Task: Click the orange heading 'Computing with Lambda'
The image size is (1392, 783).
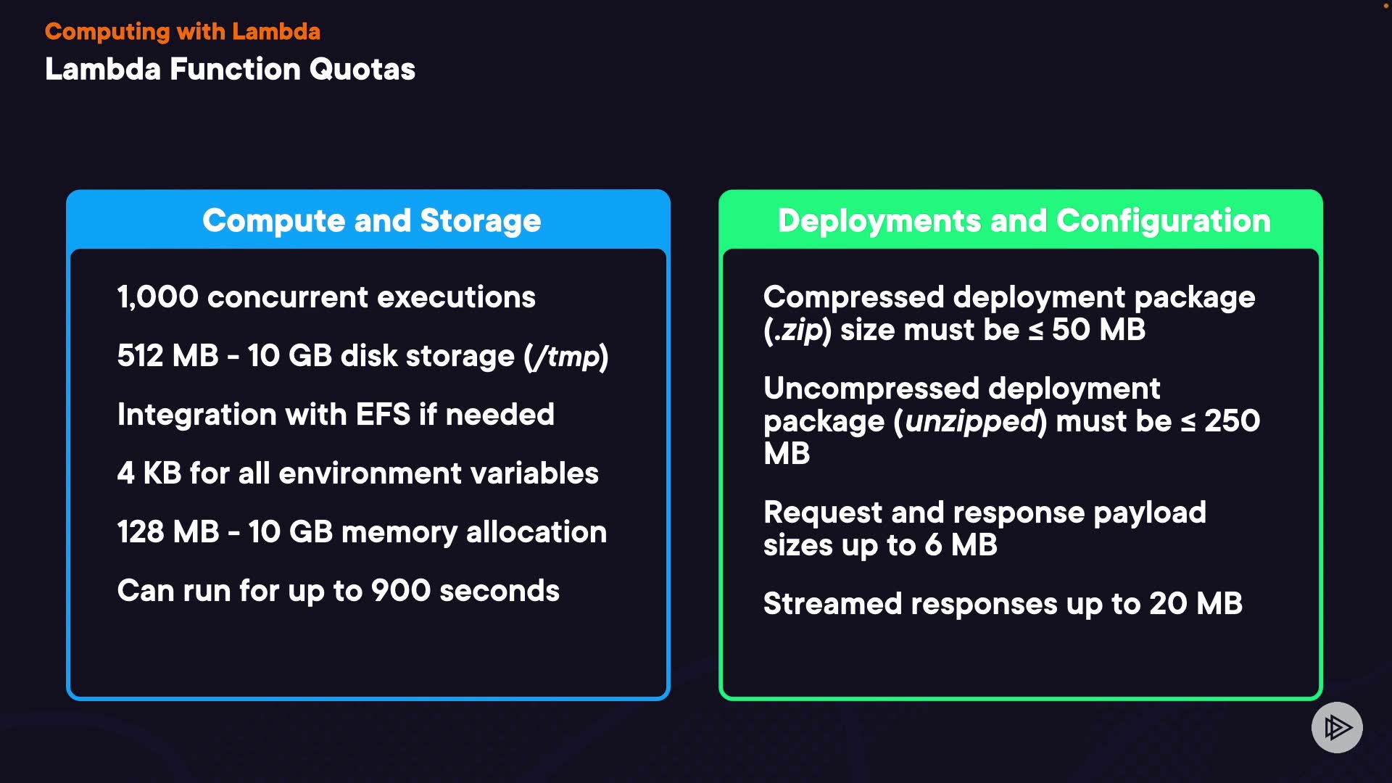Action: coord(182,32)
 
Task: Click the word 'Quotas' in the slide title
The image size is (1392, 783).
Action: coord(362,70)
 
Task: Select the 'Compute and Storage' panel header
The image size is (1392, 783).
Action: coord(371,220)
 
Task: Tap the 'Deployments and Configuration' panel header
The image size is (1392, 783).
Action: coord(1024,220)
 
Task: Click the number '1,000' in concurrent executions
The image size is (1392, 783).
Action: coord(157,297)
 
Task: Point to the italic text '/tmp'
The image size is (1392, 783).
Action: coord(566,356)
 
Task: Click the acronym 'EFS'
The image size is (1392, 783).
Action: coord(383,415)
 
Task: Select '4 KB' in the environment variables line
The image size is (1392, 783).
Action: coord(149,473)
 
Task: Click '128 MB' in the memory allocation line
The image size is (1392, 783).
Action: coord(167,532)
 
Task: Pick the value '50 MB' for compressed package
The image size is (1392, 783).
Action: coord(1098,330)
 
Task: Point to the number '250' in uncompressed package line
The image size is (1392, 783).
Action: coord(1232,421)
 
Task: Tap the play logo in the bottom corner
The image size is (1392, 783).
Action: coord(1336,727)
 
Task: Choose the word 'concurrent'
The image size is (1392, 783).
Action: coord(287,297)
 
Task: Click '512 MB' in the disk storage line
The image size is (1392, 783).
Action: coord(167,356)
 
